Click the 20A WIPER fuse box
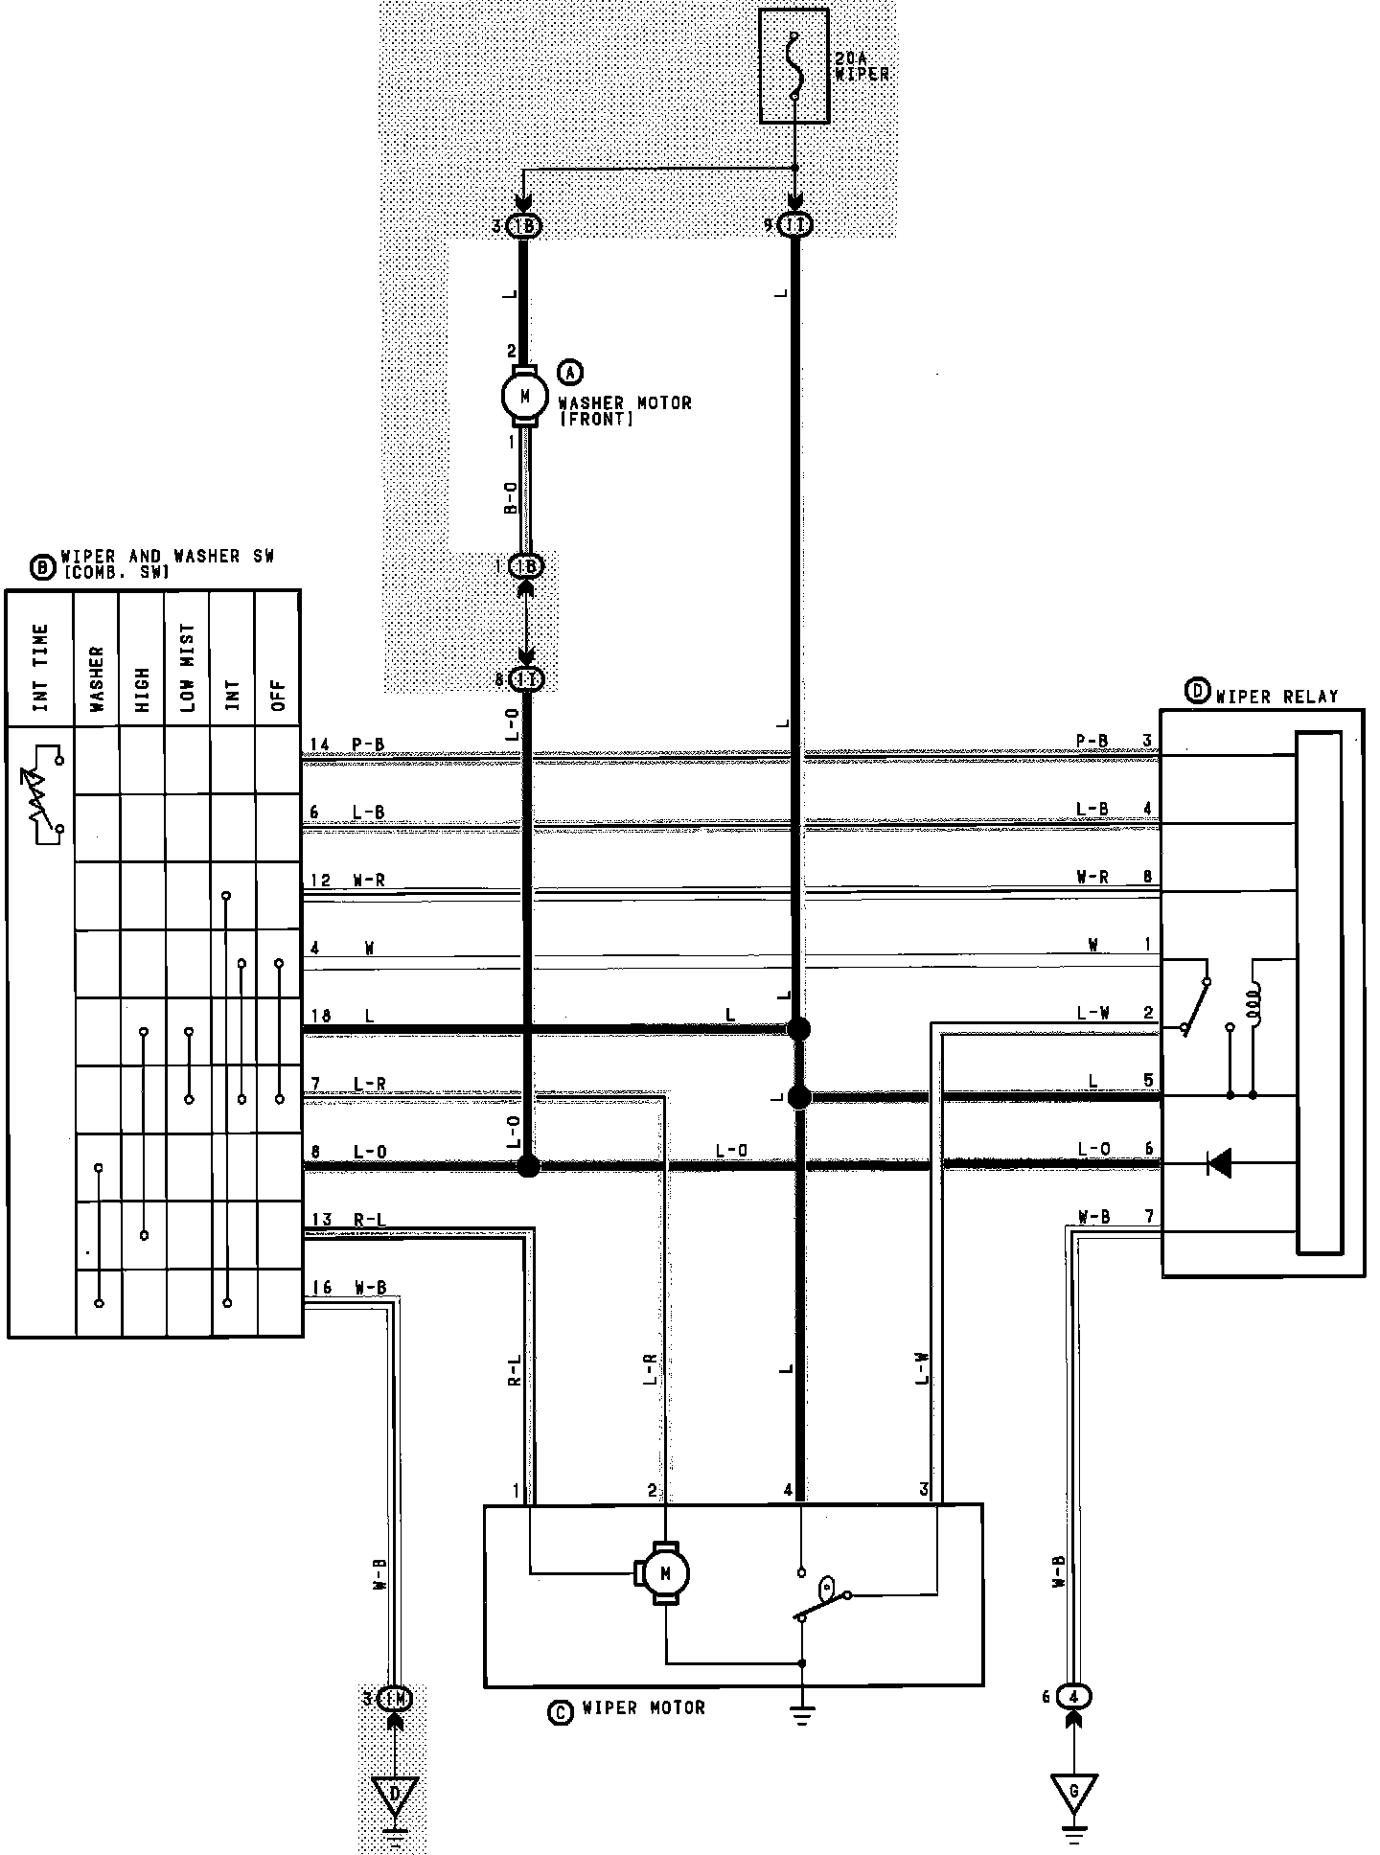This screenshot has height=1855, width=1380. [x=794, y=66]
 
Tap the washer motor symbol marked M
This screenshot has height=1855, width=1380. [x=523, y=394]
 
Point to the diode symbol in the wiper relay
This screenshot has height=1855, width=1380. [x=1219, y=1163]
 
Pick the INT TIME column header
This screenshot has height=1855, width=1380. [x=40, y=668]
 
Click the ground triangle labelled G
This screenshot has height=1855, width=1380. [x=1074, y=1791]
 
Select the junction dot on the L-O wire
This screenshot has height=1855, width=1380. [x=528, y=1166]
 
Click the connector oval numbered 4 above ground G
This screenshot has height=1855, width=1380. [x=1075, y=1696]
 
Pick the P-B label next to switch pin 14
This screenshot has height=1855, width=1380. [x=369, y=744]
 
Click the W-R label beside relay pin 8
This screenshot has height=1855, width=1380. [x=1092, y=877]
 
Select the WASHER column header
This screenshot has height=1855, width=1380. [x=97, y=679]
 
